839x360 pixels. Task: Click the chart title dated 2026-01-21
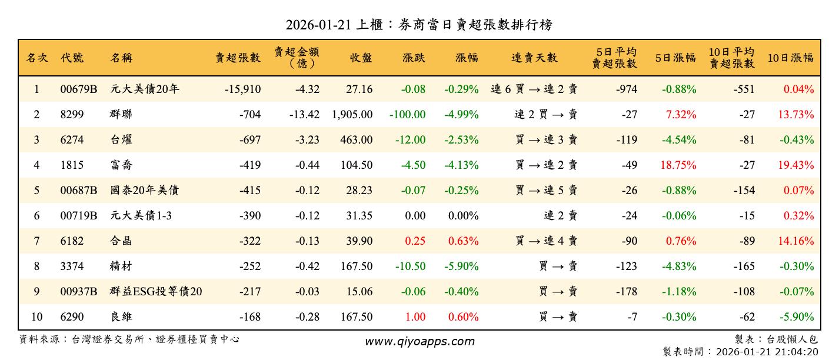tap(419, 25)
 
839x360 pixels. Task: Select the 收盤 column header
tap(361, 58)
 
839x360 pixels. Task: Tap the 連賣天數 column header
tap(534, 58)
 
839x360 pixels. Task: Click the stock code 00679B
tap(78, 89)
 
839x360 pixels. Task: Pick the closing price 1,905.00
tap(352, 115)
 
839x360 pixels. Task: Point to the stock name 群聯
tap(121, 115)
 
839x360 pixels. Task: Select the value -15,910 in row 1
tap(242, 89)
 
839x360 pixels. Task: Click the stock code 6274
tap(72, 140)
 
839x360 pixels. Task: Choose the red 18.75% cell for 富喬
tap(678, 165)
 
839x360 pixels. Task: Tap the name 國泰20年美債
tap(144, 191)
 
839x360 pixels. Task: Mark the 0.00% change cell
tap(463, 216)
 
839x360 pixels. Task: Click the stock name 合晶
tap(121, 241)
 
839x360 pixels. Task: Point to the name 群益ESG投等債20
tap(156, 292)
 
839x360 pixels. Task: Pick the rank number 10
tap(36, 317)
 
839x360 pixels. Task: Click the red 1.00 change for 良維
tap(415, 317)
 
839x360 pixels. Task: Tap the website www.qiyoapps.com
tap(419, 341)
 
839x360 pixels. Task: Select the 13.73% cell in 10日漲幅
tap(796, 115)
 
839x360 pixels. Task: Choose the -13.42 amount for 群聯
tap(304, 115)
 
